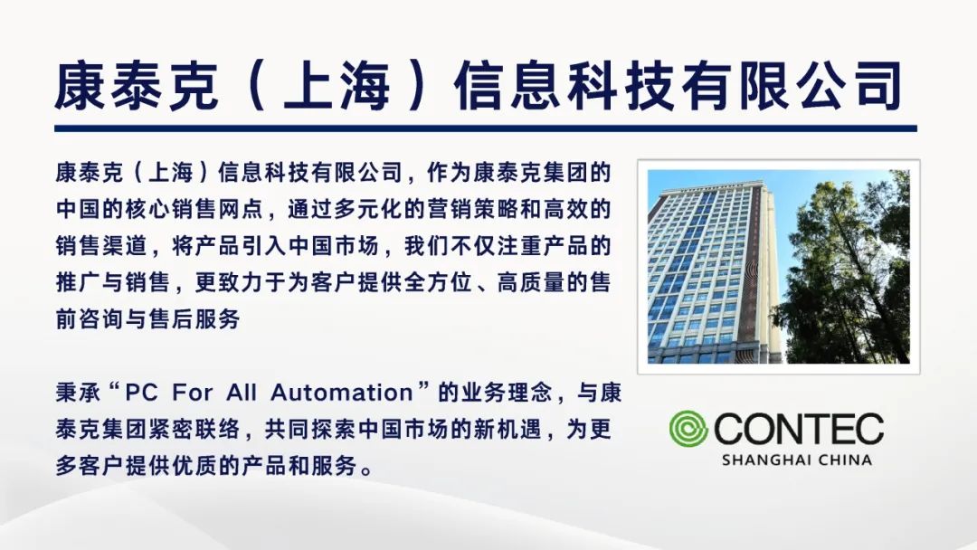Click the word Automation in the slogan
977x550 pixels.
click(x=341, y=393)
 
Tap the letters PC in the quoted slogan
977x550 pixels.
click(x=141, y=393)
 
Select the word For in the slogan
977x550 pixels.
click(x=193, y=393)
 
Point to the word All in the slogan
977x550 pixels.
click(x=242, y=393)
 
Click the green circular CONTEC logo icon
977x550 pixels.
click(x=688, y=429)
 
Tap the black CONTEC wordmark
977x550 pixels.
click(x=799, y=429)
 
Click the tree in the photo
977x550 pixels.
click(x=844, y=268)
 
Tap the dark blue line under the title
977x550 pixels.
click(x=486, y=128)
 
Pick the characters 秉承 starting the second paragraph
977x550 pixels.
click(x=78, y=393)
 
